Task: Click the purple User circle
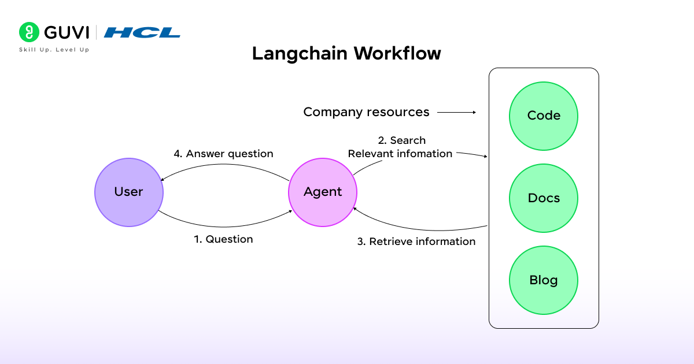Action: point(128,192)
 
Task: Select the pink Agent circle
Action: point(323,192)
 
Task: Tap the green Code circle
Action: point(544,116)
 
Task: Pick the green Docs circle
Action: point(544,198)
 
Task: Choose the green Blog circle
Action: point(544,281)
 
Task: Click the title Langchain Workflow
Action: point(346,53)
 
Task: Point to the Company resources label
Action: point(366,112)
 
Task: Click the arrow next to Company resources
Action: point(457,112)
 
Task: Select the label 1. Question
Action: point(223,239)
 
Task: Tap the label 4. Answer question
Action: point(223,154)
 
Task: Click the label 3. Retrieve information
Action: point(416,242)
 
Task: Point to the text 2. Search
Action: point(401,140)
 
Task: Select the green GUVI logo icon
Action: point(28,32)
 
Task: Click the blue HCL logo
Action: point(142,32)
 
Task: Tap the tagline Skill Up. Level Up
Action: point(54,50)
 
